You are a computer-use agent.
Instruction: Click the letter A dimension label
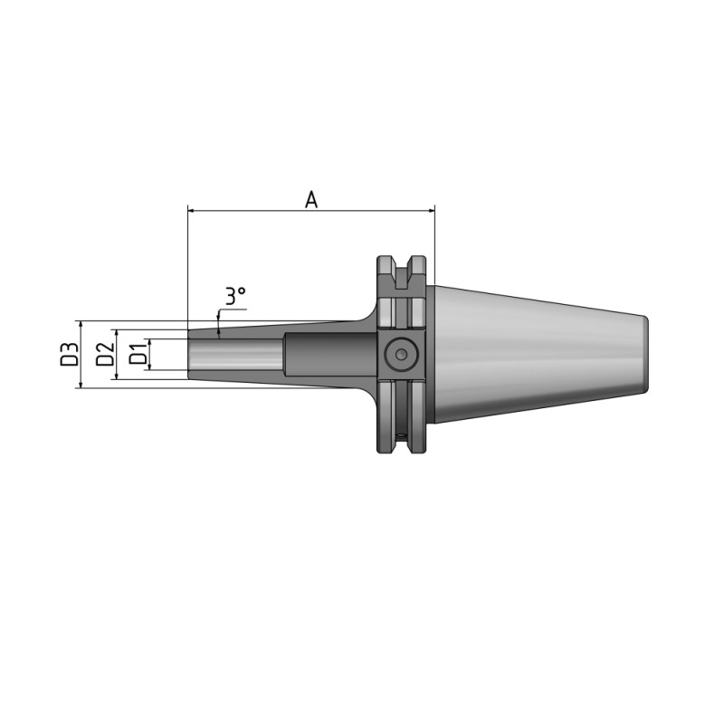tap(310, 200)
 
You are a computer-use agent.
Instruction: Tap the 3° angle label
tap(235, 296)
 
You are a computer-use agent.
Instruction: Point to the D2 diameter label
tap(106, 354)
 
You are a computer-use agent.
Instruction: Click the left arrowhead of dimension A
tap(192, 211)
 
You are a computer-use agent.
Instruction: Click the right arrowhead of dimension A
tap(430, 211)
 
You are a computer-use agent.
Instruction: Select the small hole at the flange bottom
tap(402, 439)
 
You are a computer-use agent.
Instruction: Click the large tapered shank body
tap(534, 354)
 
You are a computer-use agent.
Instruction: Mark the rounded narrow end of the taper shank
tap(643, 354)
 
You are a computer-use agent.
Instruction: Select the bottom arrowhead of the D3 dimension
tap(81, 385)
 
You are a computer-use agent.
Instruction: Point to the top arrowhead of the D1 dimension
tap(150, 342)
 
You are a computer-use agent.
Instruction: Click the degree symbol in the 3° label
tap(243, 291)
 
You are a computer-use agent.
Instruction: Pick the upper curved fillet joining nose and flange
tap(367, 312)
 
